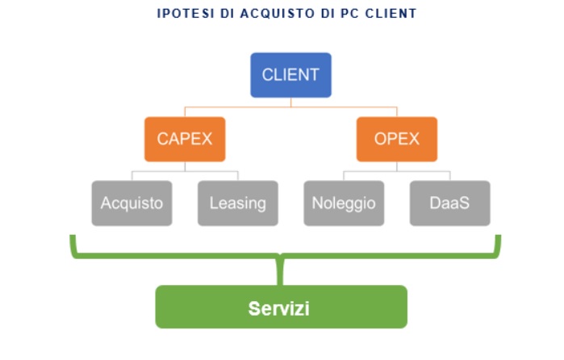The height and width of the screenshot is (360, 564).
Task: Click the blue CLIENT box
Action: tap(290, 75)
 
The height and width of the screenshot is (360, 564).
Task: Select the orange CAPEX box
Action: tap(185, 139)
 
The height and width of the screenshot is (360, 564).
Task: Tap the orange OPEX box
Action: tap(397, 139)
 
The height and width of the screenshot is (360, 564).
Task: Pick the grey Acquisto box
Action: tap(132, 203)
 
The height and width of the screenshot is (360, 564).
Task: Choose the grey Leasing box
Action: tap(238, 203)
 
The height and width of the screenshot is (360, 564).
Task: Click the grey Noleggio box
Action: tap(344, 203)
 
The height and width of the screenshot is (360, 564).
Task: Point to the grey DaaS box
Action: tap(449, 203)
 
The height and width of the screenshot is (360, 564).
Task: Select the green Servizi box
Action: tap(281, 307)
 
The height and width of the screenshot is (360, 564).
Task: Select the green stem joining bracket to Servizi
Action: tap(281, 273)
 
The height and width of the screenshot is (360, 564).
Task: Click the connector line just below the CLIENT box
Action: tap(290, 101)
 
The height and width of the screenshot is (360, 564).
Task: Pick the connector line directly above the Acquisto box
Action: tap(132, 175)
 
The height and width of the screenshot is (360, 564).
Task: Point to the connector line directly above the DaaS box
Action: tap(449, 175)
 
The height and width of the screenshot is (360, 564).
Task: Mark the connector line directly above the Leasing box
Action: tap(238, 175)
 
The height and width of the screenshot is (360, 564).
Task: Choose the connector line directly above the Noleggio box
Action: tap(344, 175)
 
